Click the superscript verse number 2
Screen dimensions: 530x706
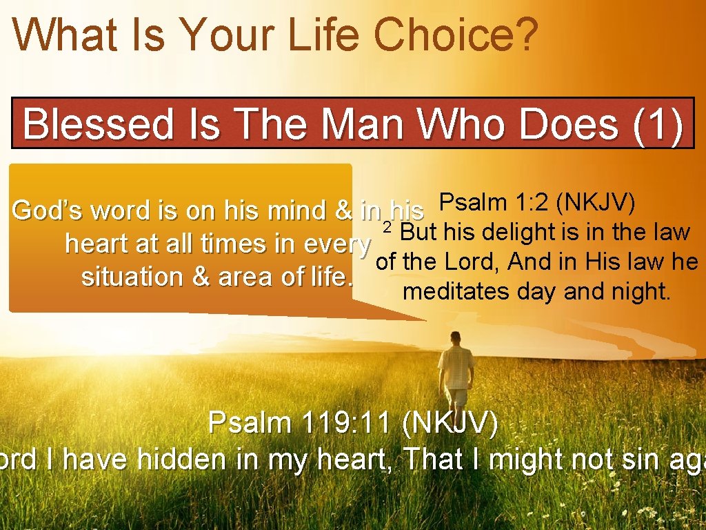point(387,227)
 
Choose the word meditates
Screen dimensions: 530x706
point(446,291)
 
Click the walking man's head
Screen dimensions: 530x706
point(455,339)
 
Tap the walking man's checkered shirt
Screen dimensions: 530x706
point(456,366)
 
